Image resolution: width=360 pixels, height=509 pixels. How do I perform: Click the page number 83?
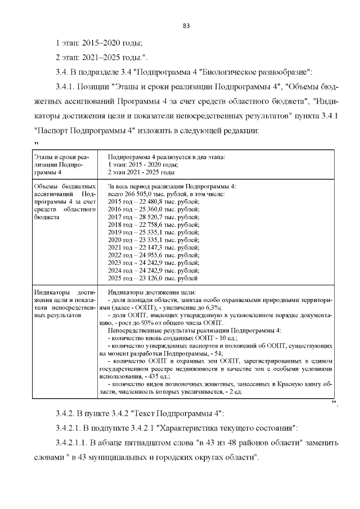[187, 26]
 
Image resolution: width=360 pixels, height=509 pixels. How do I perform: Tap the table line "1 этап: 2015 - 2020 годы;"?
[142, 164]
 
